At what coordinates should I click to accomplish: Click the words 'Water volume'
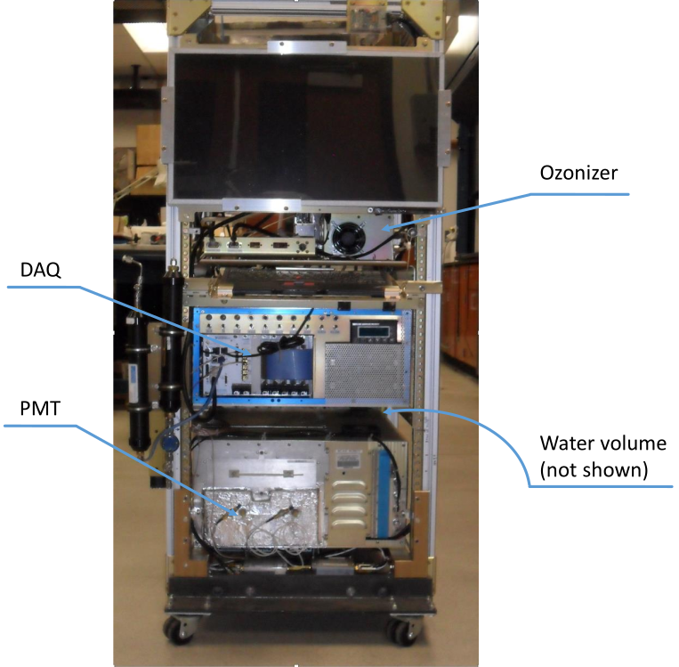(x=604, y=443)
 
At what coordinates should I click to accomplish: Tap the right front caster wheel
(x=398, y=631)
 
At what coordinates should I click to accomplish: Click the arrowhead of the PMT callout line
(x=238, y=514)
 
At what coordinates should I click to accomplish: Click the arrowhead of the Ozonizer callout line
(x=384, y=231)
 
